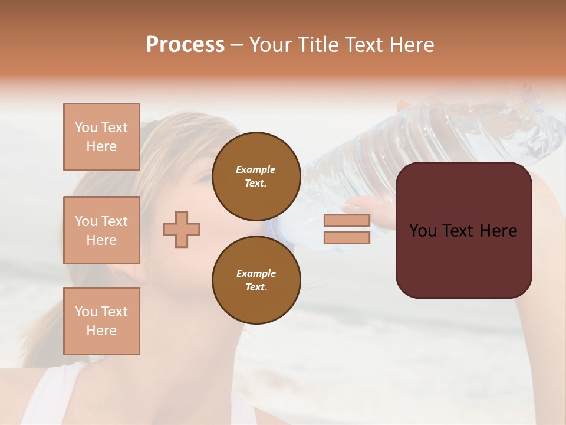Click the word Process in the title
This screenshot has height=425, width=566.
(x=185, y=45)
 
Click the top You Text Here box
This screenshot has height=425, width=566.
(x=101, y=137)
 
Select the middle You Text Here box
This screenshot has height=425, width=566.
(x=101, y=230)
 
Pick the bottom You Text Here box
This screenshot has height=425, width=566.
(x=101, y=321)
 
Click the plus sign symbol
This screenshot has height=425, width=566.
(x=182, y=229)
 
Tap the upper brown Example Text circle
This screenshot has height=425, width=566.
(x=256, y=176)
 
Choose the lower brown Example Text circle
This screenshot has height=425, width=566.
(x=256, y=280)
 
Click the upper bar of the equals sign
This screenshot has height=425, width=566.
(x=347, y=220)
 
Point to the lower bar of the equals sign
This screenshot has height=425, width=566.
(x=347, y=238)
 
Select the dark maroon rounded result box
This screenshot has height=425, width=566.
(x=463, y=260)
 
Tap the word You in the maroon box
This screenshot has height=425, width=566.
(x=423, y=231)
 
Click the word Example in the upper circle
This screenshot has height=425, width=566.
(x=256, y=169)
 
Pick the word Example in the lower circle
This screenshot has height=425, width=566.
(x=256, y=273)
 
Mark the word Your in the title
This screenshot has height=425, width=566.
(x=271, y=45)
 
